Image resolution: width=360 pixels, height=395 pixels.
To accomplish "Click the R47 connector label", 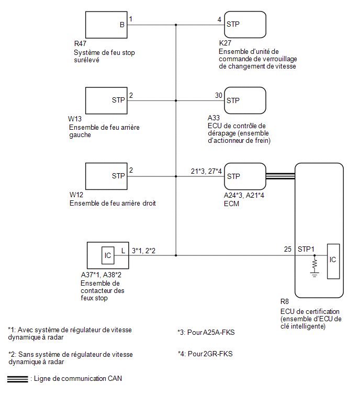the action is coord(80,43).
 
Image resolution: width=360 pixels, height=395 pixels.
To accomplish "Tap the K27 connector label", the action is coord(225,43).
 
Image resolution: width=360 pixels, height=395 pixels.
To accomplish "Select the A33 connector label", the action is coord(213,118).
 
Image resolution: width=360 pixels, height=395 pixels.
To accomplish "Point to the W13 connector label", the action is coord(75,119).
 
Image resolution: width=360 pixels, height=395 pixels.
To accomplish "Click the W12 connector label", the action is coord(76,195).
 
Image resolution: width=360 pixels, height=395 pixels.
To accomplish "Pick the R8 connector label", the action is coord(285,301).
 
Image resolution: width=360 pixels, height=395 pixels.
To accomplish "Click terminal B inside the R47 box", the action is coord(122,25).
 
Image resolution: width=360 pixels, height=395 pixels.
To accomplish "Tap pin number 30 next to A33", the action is coord(218,95).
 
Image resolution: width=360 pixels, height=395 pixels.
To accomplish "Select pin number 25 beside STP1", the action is coord(287,249).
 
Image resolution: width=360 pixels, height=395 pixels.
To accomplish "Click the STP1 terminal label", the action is coord(306,249).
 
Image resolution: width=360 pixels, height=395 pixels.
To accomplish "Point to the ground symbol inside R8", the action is coord(314,275).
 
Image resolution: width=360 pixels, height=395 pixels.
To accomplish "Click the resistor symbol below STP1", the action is coord(314,264).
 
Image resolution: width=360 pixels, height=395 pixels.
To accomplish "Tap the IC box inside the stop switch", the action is coord(108,255).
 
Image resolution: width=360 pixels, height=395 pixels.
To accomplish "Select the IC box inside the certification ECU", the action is coord(333,261).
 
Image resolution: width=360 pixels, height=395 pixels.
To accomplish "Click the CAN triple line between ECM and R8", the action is coord(280,176).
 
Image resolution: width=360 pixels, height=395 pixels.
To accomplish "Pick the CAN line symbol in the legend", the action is coord(17,379).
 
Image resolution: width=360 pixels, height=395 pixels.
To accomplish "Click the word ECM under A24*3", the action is coord(231,204).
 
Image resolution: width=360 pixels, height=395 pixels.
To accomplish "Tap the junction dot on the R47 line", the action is coord(176,25).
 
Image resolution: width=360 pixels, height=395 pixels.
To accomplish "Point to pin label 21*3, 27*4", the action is coord(206,171).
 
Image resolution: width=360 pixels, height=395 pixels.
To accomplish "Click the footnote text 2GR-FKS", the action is coord(218,354).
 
